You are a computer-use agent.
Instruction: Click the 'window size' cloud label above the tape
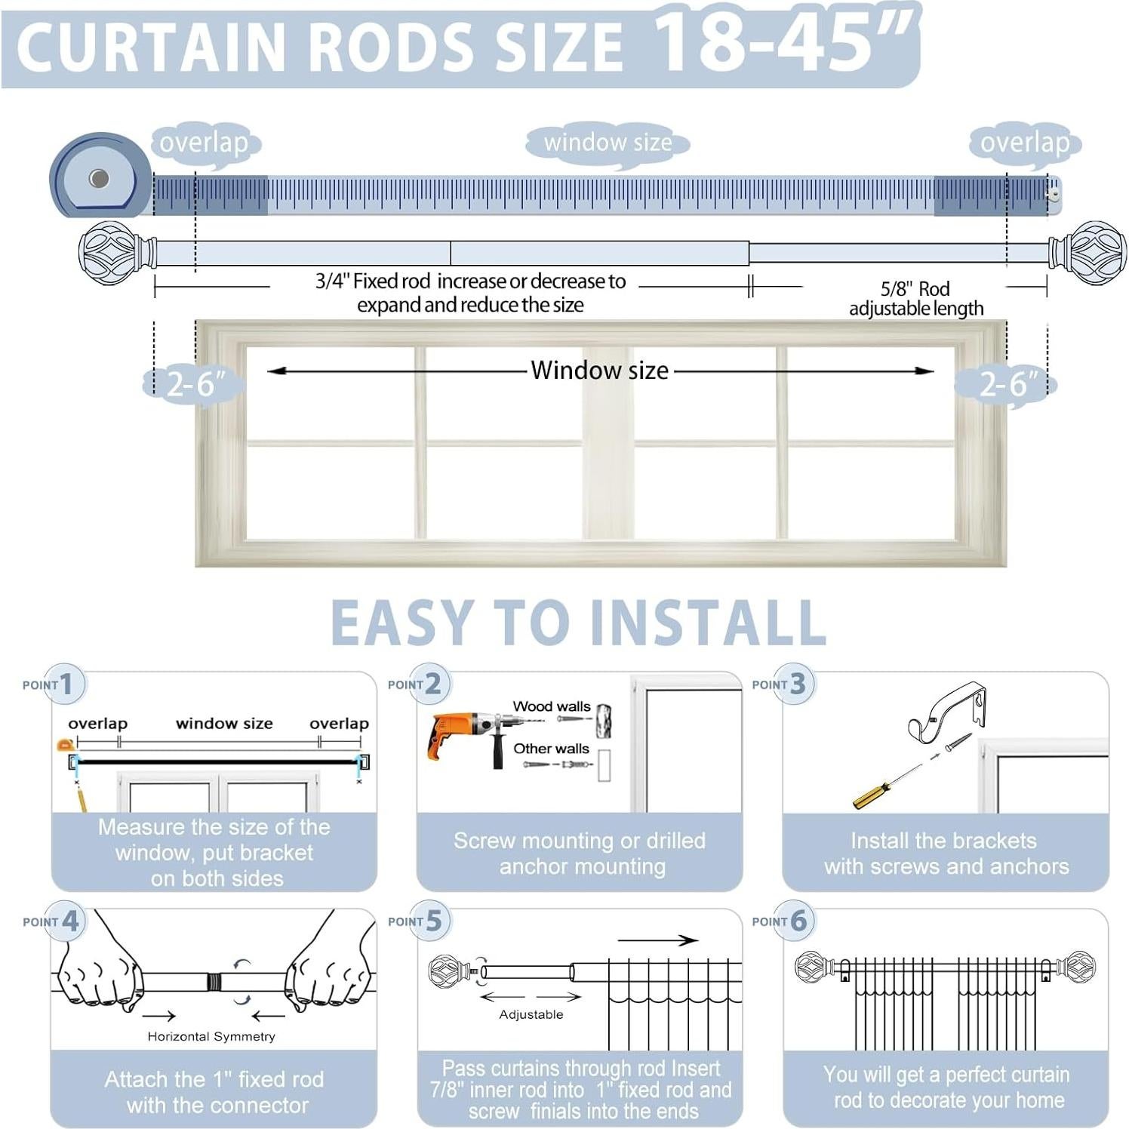coord(608,143)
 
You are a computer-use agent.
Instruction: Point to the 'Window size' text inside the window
coord(599,371)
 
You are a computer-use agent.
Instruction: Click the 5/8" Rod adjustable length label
coord(915,299)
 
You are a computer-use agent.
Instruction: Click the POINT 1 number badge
coord(66,684)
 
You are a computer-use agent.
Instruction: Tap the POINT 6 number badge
coord(798,921)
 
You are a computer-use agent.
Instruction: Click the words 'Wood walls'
coord(552,706)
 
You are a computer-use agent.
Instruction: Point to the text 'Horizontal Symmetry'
coord(211,1037)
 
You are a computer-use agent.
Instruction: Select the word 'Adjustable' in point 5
coord(531,1015)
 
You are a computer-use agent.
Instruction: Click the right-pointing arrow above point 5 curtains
coord(657,940)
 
